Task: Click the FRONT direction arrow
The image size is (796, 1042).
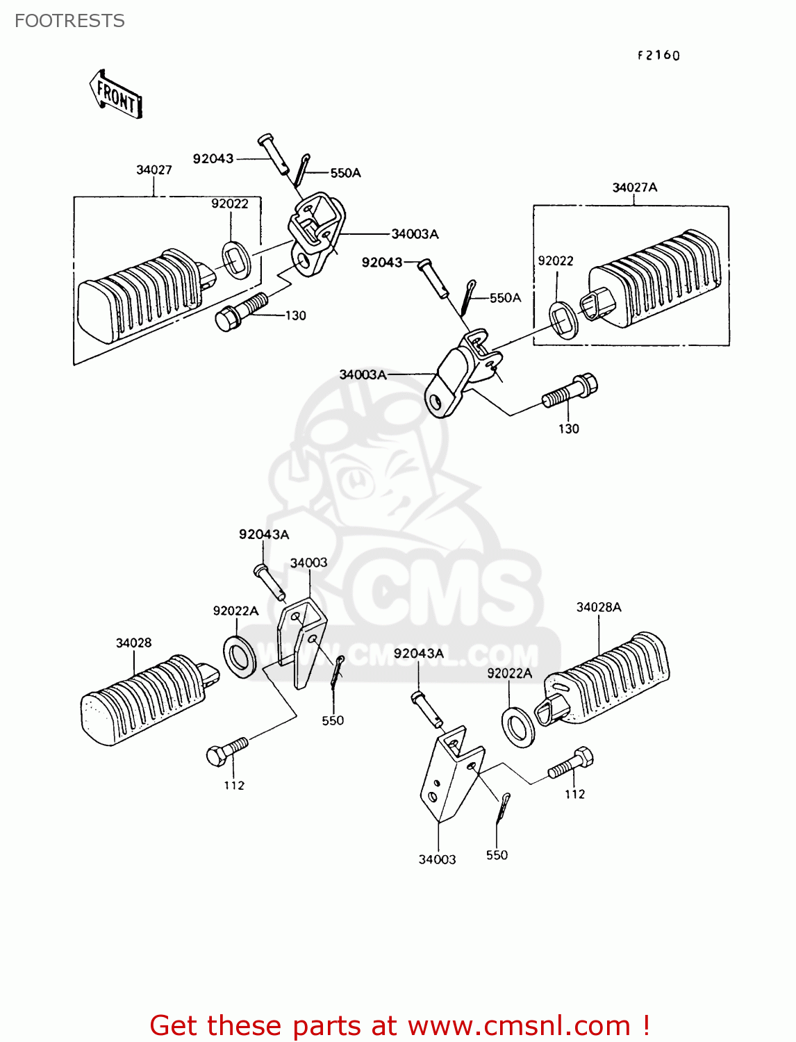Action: tap(115, 95)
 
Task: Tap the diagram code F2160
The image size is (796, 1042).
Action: tap(658, 56)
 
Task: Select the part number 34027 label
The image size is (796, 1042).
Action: tap(154, 170)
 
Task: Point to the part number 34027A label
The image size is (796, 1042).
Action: tap(635, 188)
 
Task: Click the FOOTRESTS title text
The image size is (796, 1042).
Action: tap(69, 21)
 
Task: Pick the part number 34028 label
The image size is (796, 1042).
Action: tap(133, 643)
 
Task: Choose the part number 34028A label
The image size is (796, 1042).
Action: tap(599, 607)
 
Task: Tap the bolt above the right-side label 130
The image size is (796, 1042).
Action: tap(570, 392)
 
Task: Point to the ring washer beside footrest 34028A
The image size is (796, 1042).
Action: tap(518, 727)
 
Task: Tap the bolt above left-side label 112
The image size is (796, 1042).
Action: tap(227, 751)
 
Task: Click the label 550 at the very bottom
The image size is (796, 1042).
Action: tap(497, 855)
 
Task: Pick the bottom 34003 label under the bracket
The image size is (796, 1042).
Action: tap(437, 859)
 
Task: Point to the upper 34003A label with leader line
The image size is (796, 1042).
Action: tap(415, 234)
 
